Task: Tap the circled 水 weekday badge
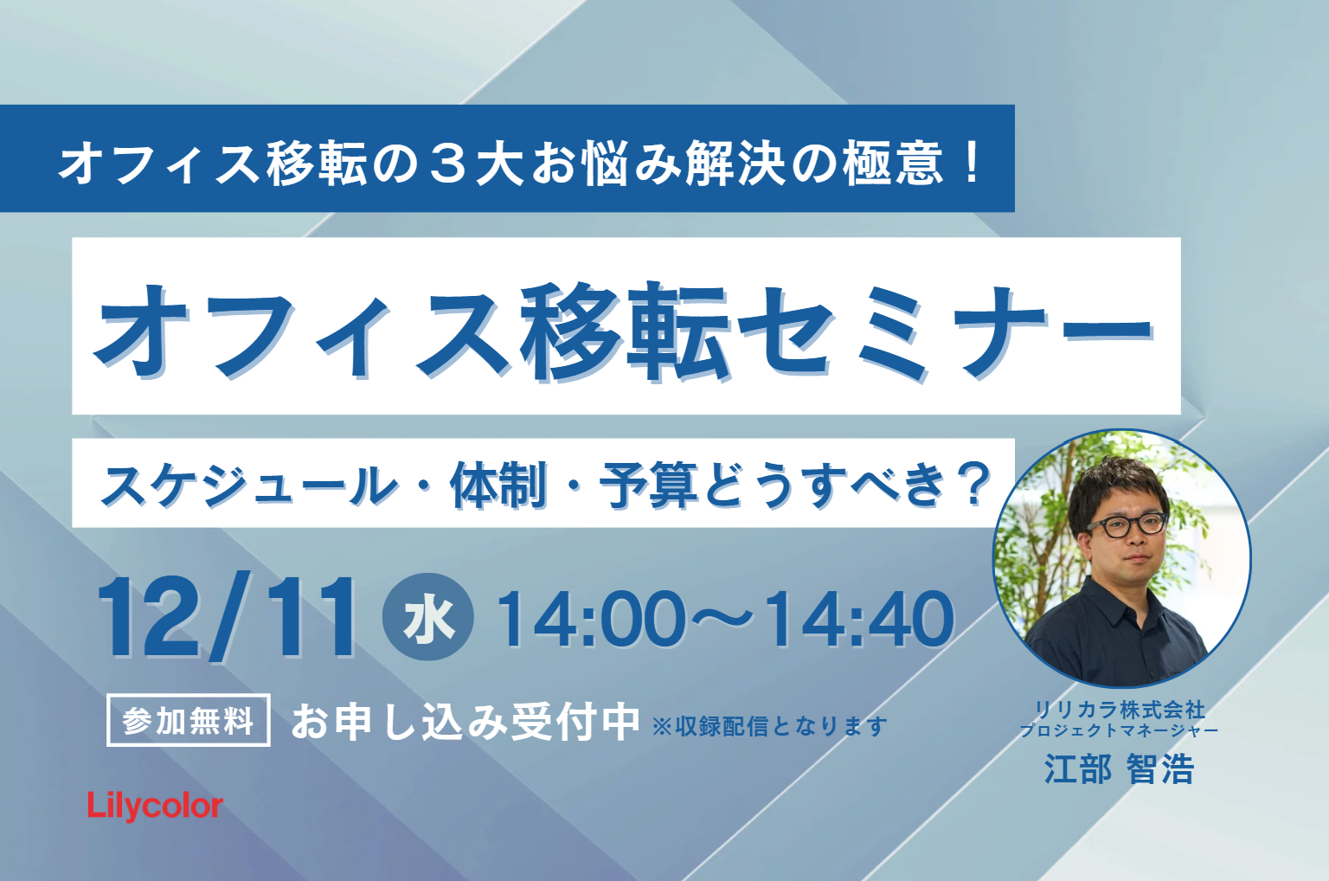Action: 428,617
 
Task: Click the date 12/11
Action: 228,617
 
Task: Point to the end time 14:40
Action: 859,619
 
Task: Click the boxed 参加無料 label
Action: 189,720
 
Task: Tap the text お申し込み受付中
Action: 465,722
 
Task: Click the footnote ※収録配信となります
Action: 770,726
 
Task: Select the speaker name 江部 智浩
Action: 1119,769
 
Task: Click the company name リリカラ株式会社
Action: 1120,710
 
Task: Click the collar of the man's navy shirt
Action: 1124,599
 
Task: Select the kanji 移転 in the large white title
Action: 626,331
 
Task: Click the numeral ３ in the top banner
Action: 452,163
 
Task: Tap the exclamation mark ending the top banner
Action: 972,161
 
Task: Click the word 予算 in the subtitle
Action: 648,486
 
